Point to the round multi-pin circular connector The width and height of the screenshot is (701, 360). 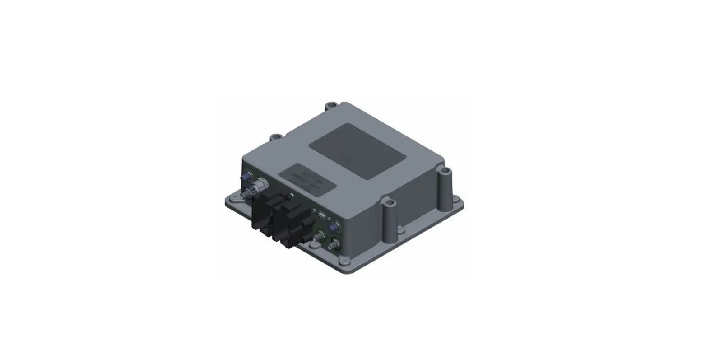point(261,184)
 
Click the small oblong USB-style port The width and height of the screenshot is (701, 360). point(323,215)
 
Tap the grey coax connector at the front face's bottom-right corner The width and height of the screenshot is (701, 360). point(335,244)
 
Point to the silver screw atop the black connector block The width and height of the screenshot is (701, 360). point(292,195)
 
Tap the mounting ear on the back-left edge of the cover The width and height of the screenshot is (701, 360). point(274,136)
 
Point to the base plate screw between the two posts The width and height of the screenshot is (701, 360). point(399,231)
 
